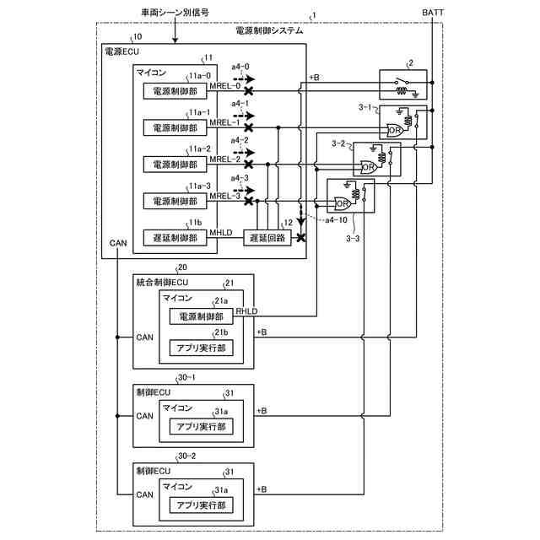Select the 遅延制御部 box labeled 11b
coord(175,238)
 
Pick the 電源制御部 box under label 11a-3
coord(175,202)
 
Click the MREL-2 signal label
coord(225,159)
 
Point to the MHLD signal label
coord(221,231)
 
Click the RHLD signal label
coord(246,310)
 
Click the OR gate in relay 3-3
coord(343,203)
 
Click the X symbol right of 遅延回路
coord(300,238)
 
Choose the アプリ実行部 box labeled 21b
coord(200,348)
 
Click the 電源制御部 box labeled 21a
coord(201,316)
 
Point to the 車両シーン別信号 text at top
coord(175,13)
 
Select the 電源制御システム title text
coord(269,30)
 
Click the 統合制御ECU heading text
coord(163,281)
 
